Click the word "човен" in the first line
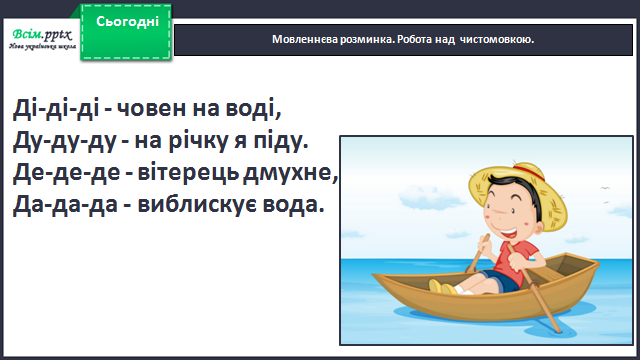click(x=151, y=109)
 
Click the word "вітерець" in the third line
click(x=188, y=173)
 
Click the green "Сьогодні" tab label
click(x=127, y=22)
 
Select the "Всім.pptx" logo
click(x=42, y=39)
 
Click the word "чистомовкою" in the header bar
click(x=496, y=40)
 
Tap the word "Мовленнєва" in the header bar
click(x=305, y=40)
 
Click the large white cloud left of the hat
click(x=430, y=197)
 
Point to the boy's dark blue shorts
click(x=500, y=281)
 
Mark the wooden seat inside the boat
click(x=549, y=273)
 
